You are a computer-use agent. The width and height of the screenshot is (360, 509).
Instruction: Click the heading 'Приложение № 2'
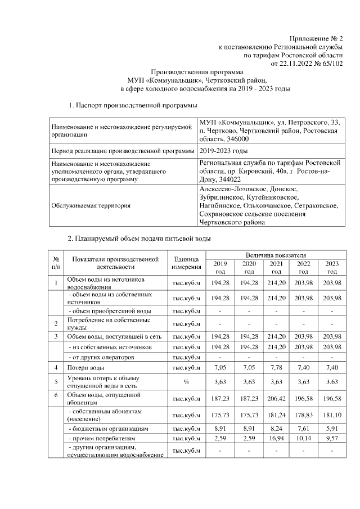pos(317,38)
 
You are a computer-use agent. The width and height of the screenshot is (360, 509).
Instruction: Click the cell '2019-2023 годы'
pos(224,151)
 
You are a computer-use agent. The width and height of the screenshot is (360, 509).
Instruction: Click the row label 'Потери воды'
pos(85,367)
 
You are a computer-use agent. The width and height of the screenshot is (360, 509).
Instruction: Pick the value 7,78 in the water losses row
pos(276,367)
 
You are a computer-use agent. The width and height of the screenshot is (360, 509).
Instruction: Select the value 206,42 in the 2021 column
pos(276,399)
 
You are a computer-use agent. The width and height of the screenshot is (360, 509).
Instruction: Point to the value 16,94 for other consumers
pos(276,438)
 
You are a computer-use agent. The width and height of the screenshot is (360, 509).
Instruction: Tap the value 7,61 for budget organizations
pos(304,428)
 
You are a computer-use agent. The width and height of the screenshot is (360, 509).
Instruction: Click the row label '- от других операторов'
pos(100,357)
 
